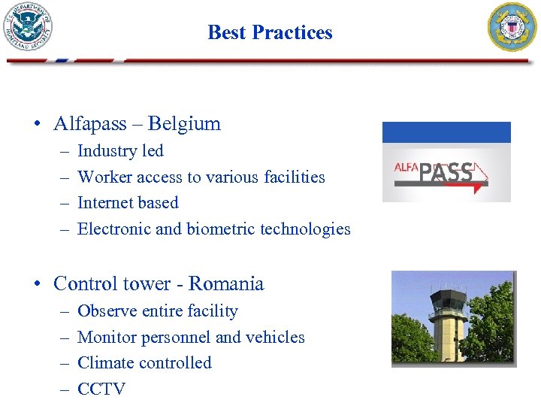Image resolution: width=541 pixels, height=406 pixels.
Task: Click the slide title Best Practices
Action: (270, 32)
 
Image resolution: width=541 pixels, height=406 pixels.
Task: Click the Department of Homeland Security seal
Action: (28, 26)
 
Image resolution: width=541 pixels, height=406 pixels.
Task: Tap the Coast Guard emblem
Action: (512, 27)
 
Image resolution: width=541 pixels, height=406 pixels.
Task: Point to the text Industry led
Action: (120, 150)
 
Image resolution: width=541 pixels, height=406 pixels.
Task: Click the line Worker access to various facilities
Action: (201, 177)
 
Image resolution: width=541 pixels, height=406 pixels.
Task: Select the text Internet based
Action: (128, 202)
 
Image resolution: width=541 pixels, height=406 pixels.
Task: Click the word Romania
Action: (226, 283)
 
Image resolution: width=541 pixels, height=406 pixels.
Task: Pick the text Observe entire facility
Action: (157, 311)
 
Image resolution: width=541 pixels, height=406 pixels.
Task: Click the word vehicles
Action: (274, 337)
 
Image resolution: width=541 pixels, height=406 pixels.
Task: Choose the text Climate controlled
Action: (144, 362)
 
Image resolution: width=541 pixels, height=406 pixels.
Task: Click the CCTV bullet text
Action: (101, 389)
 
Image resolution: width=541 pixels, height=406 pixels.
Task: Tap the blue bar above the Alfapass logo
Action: (446, 132)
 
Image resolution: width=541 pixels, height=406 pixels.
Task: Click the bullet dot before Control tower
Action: (36, 284)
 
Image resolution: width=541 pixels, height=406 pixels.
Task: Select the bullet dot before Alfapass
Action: (36, 124)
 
